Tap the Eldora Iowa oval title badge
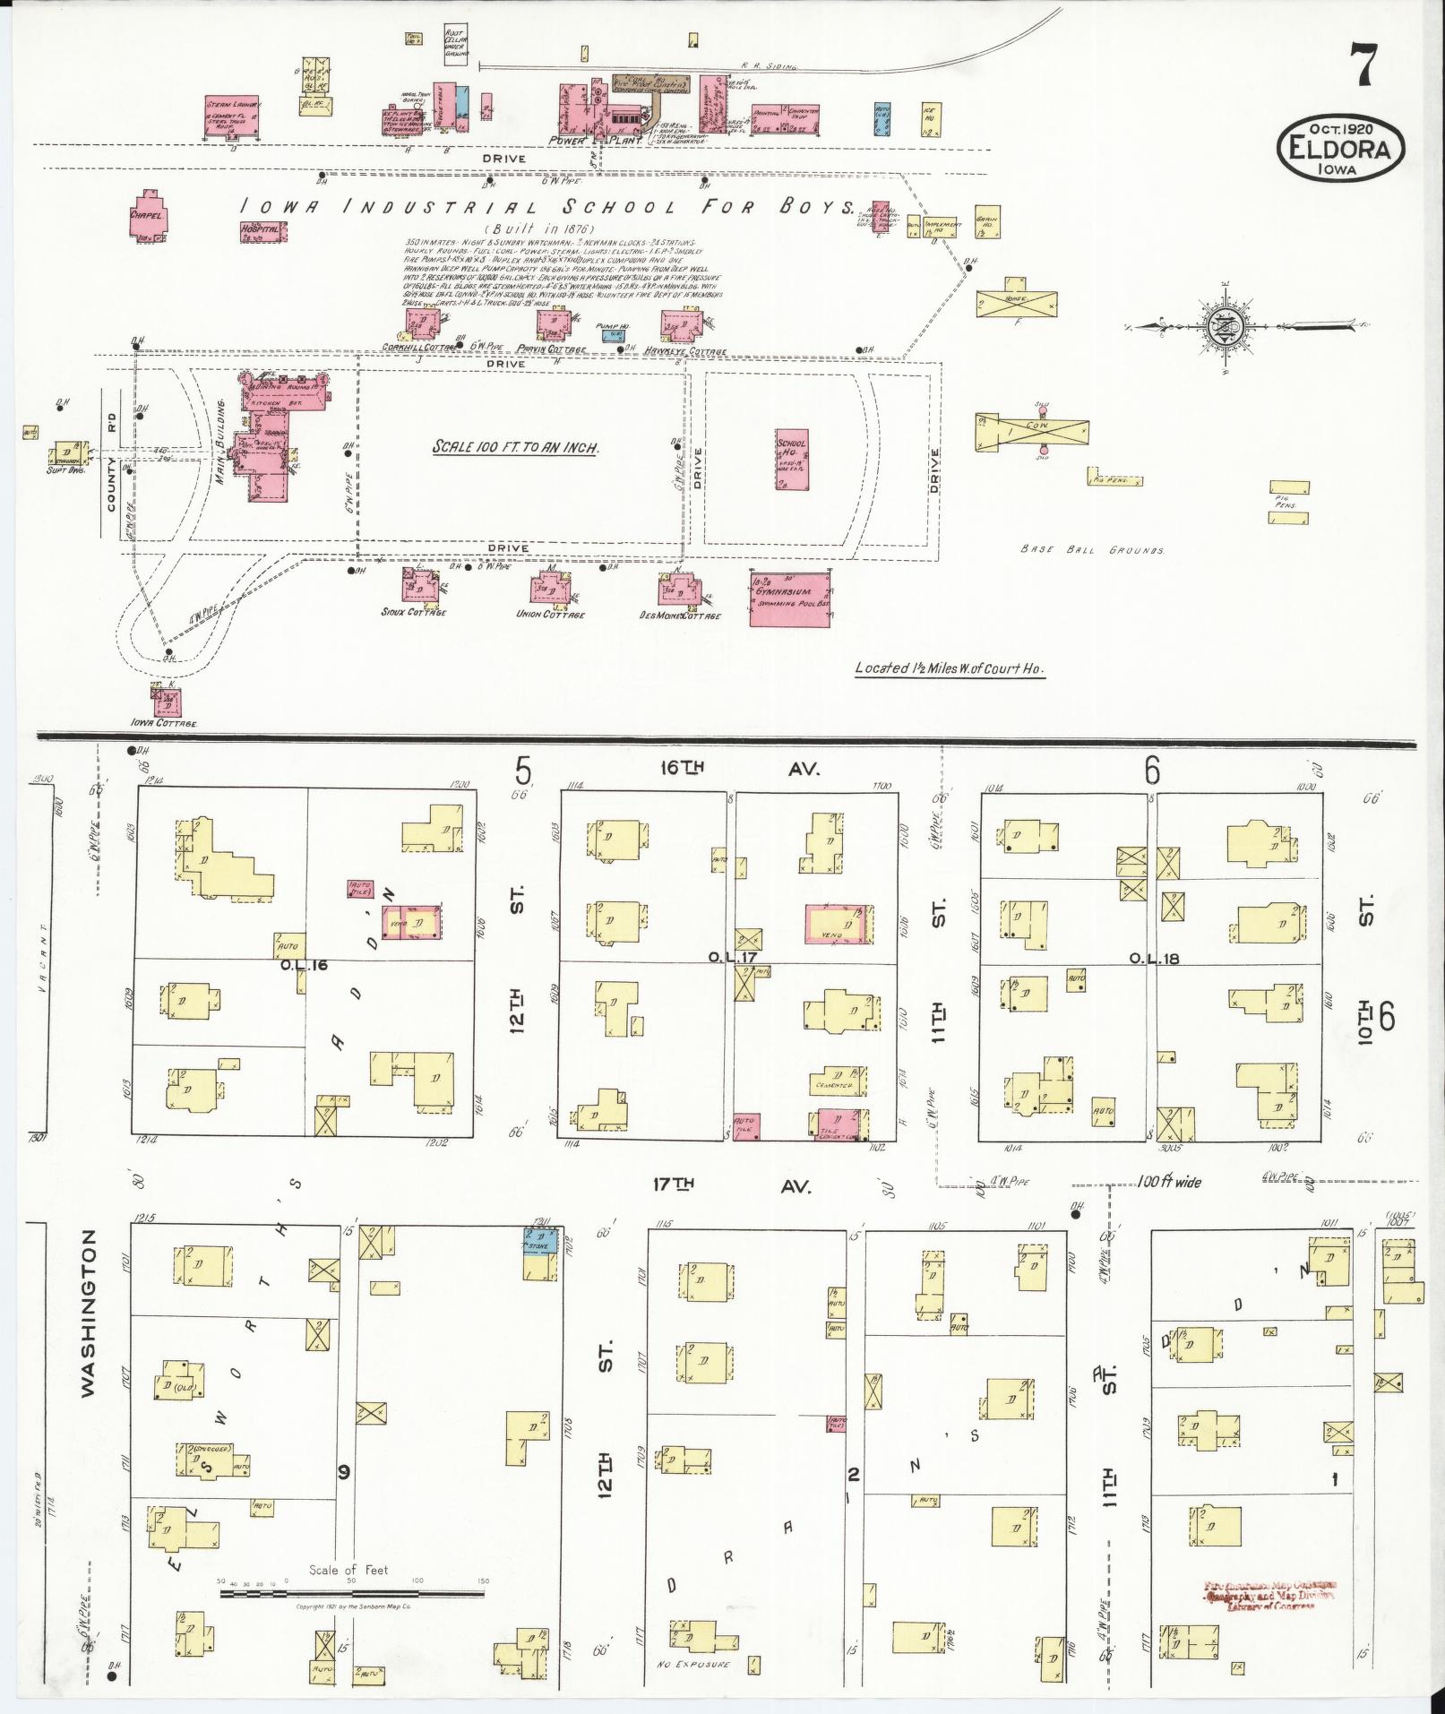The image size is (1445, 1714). click(1340, 148)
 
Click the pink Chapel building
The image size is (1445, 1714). click(150, 216)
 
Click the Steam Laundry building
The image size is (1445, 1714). click(232, 115)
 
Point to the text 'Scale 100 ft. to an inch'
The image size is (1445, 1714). click(515, 447)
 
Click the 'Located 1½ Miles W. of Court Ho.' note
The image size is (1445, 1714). click(950, 668)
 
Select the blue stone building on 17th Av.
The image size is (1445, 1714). click(541, 1241)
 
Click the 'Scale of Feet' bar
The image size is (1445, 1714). click(352, 1593)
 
